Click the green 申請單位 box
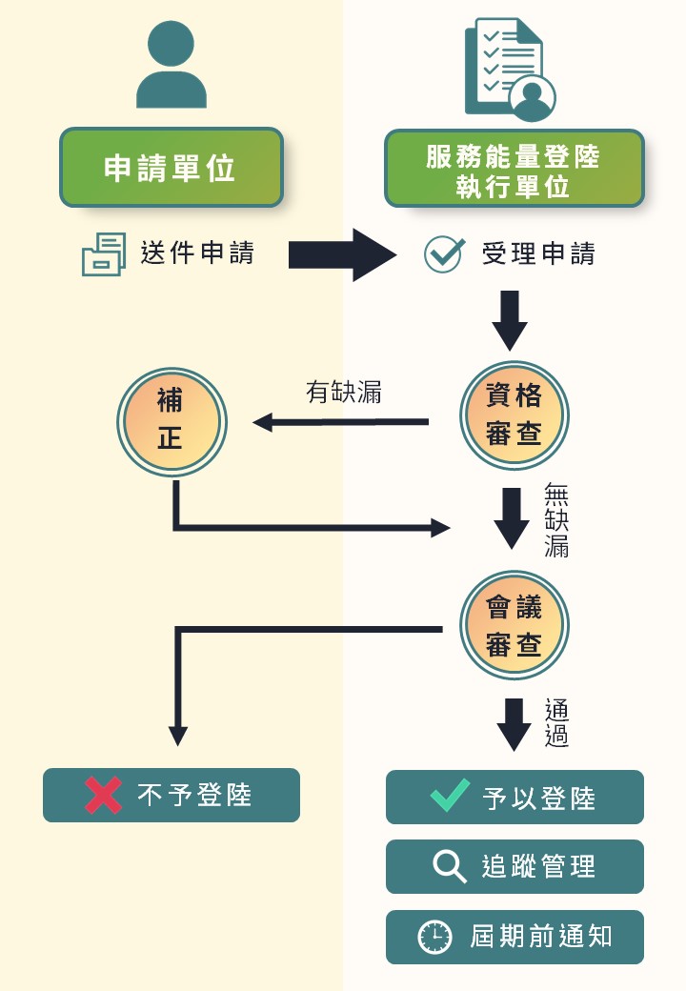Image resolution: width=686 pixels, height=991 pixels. tap(171, 168)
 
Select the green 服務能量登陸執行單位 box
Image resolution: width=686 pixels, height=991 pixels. tap(514, 169)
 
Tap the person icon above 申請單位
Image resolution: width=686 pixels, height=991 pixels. tap(171, 65)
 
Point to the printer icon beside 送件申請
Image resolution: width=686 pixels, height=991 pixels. tap(104, 254)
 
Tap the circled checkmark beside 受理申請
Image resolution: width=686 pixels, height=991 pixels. tap(443, 254)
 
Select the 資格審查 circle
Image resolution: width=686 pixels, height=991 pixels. tap(514, 415)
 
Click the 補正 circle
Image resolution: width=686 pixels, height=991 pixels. tap(171, 420)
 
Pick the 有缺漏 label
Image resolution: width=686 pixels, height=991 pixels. tap(344, 393)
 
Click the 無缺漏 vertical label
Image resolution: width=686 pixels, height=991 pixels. tap(557, 520)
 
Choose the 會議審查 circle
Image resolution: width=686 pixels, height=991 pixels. tap(514, 625)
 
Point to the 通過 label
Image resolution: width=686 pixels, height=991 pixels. tap(557, 723)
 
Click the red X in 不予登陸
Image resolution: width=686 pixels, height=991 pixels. tap(103, 796)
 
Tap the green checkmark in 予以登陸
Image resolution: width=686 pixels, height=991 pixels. tap(450, 795)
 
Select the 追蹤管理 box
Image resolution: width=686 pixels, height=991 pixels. tap(514, 866)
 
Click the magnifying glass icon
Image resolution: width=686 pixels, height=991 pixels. tap(449, 866)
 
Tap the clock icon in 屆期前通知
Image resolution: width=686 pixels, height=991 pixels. tap(435, 937)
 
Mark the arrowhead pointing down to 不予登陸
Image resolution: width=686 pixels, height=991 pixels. tap(178, 736)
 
